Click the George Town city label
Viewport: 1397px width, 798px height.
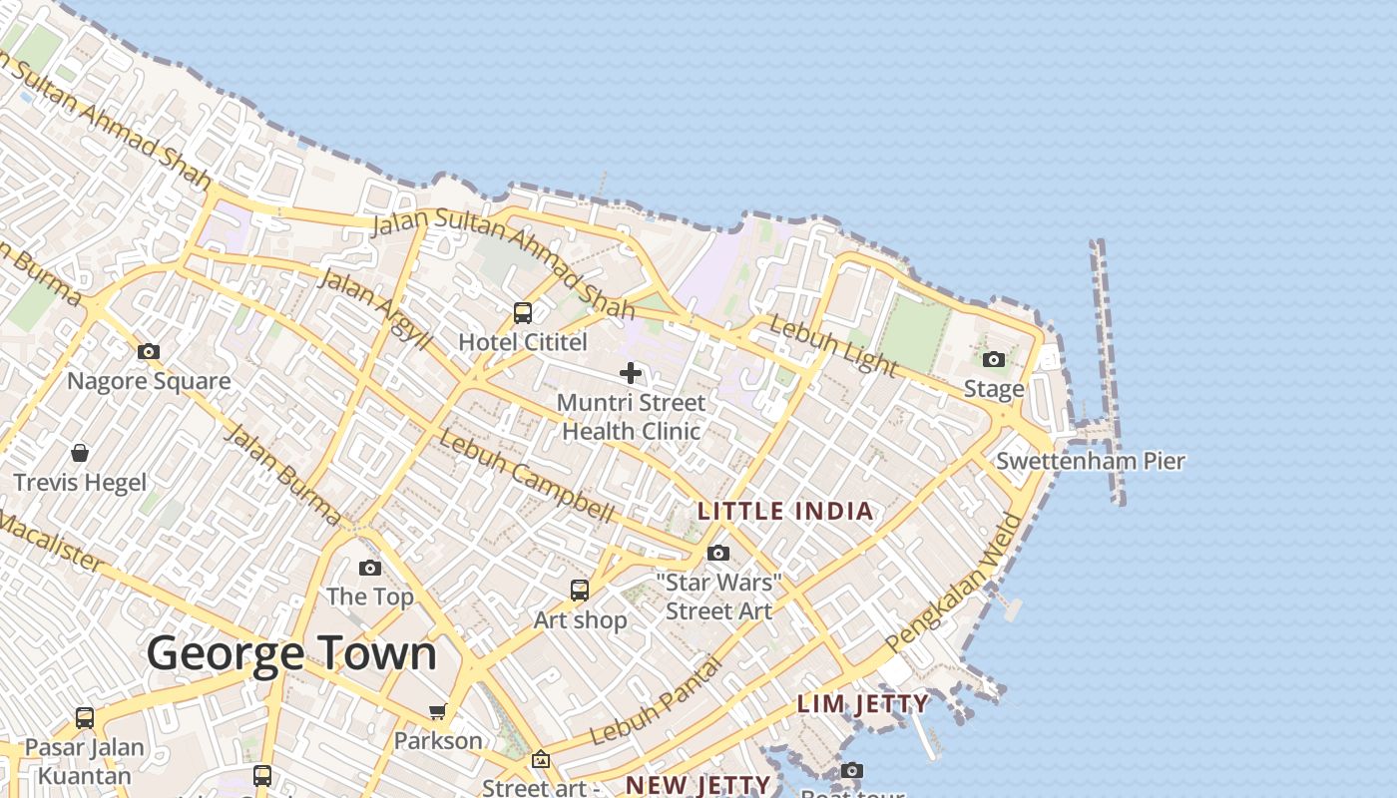[x=291, y=654]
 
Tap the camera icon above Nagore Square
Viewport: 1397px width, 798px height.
[x=149, y=351]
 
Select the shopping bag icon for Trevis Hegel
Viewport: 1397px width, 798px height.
[x=80, y=453]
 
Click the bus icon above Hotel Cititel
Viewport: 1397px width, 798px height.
[x=523, y=313]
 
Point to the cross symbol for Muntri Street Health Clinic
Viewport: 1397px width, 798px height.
[x=631, y=373]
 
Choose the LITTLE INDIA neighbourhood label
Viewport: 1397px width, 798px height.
[x=785, y=512]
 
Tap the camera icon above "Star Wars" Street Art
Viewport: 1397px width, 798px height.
[x=717, y=553]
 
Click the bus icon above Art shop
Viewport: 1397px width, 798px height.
[x=580, y=591]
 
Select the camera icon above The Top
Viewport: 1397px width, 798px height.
[x=370, y=568]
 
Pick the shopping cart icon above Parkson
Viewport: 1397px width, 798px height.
[x=437, y=711]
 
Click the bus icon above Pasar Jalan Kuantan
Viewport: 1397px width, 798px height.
[x=85, y=717]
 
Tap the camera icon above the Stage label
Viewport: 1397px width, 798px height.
[x=994, y=359]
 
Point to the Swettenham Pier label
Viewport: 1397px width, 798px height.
[x=1091, y=461]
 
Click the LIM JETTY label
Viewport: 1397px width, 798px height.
[x=863, y=704]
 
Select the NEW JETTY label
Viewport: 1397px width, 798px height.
[x=698, y=785]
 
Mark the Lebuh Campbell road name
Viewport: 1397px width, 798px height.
[x=526, y=477]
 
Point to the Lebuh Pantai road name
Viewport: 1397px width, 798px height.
[x=656, y=701]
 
